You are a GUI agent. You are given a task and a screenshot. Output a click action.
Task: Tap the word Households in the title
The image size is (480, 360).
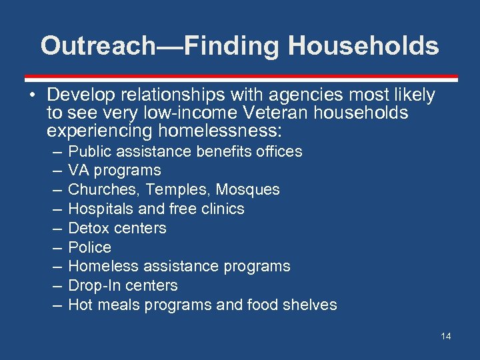pyautogui.click(x=363, y=46)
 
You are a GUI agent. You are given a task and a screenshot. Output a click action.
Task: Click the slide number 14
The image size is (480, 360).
pyautogui.click(x=445, y=336)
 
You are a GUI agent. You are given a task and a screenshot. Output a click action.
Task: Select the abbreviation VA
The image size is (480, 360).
pyautogui.click(x=79, y=171)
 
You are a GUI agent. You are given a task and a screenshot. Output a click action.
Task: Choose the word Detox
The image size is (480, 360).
pyautogui.click(x=89, y=229)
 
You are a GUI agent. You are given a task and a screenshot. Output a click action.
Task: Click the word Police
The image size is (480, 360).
pyautogui.click(x=89, y=247)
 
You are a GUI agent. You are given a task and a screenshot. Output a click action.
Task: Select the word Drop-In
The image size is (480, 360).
pyautogui.click(x=94, y=286)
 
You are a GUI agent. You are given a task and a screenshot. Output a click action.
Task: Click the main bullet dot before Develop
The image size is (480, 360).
pyautogui.click(x=32, y=96)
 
